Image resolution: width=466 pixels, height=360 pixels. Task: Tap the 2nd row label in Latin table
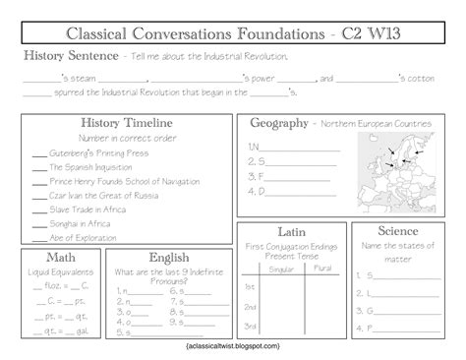click(251, 306)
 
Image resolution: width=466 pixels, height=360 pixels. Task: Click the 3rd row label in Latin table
click(251, 326)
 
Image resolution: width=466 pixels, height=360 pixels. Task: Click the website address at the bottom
click(233, 346)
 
